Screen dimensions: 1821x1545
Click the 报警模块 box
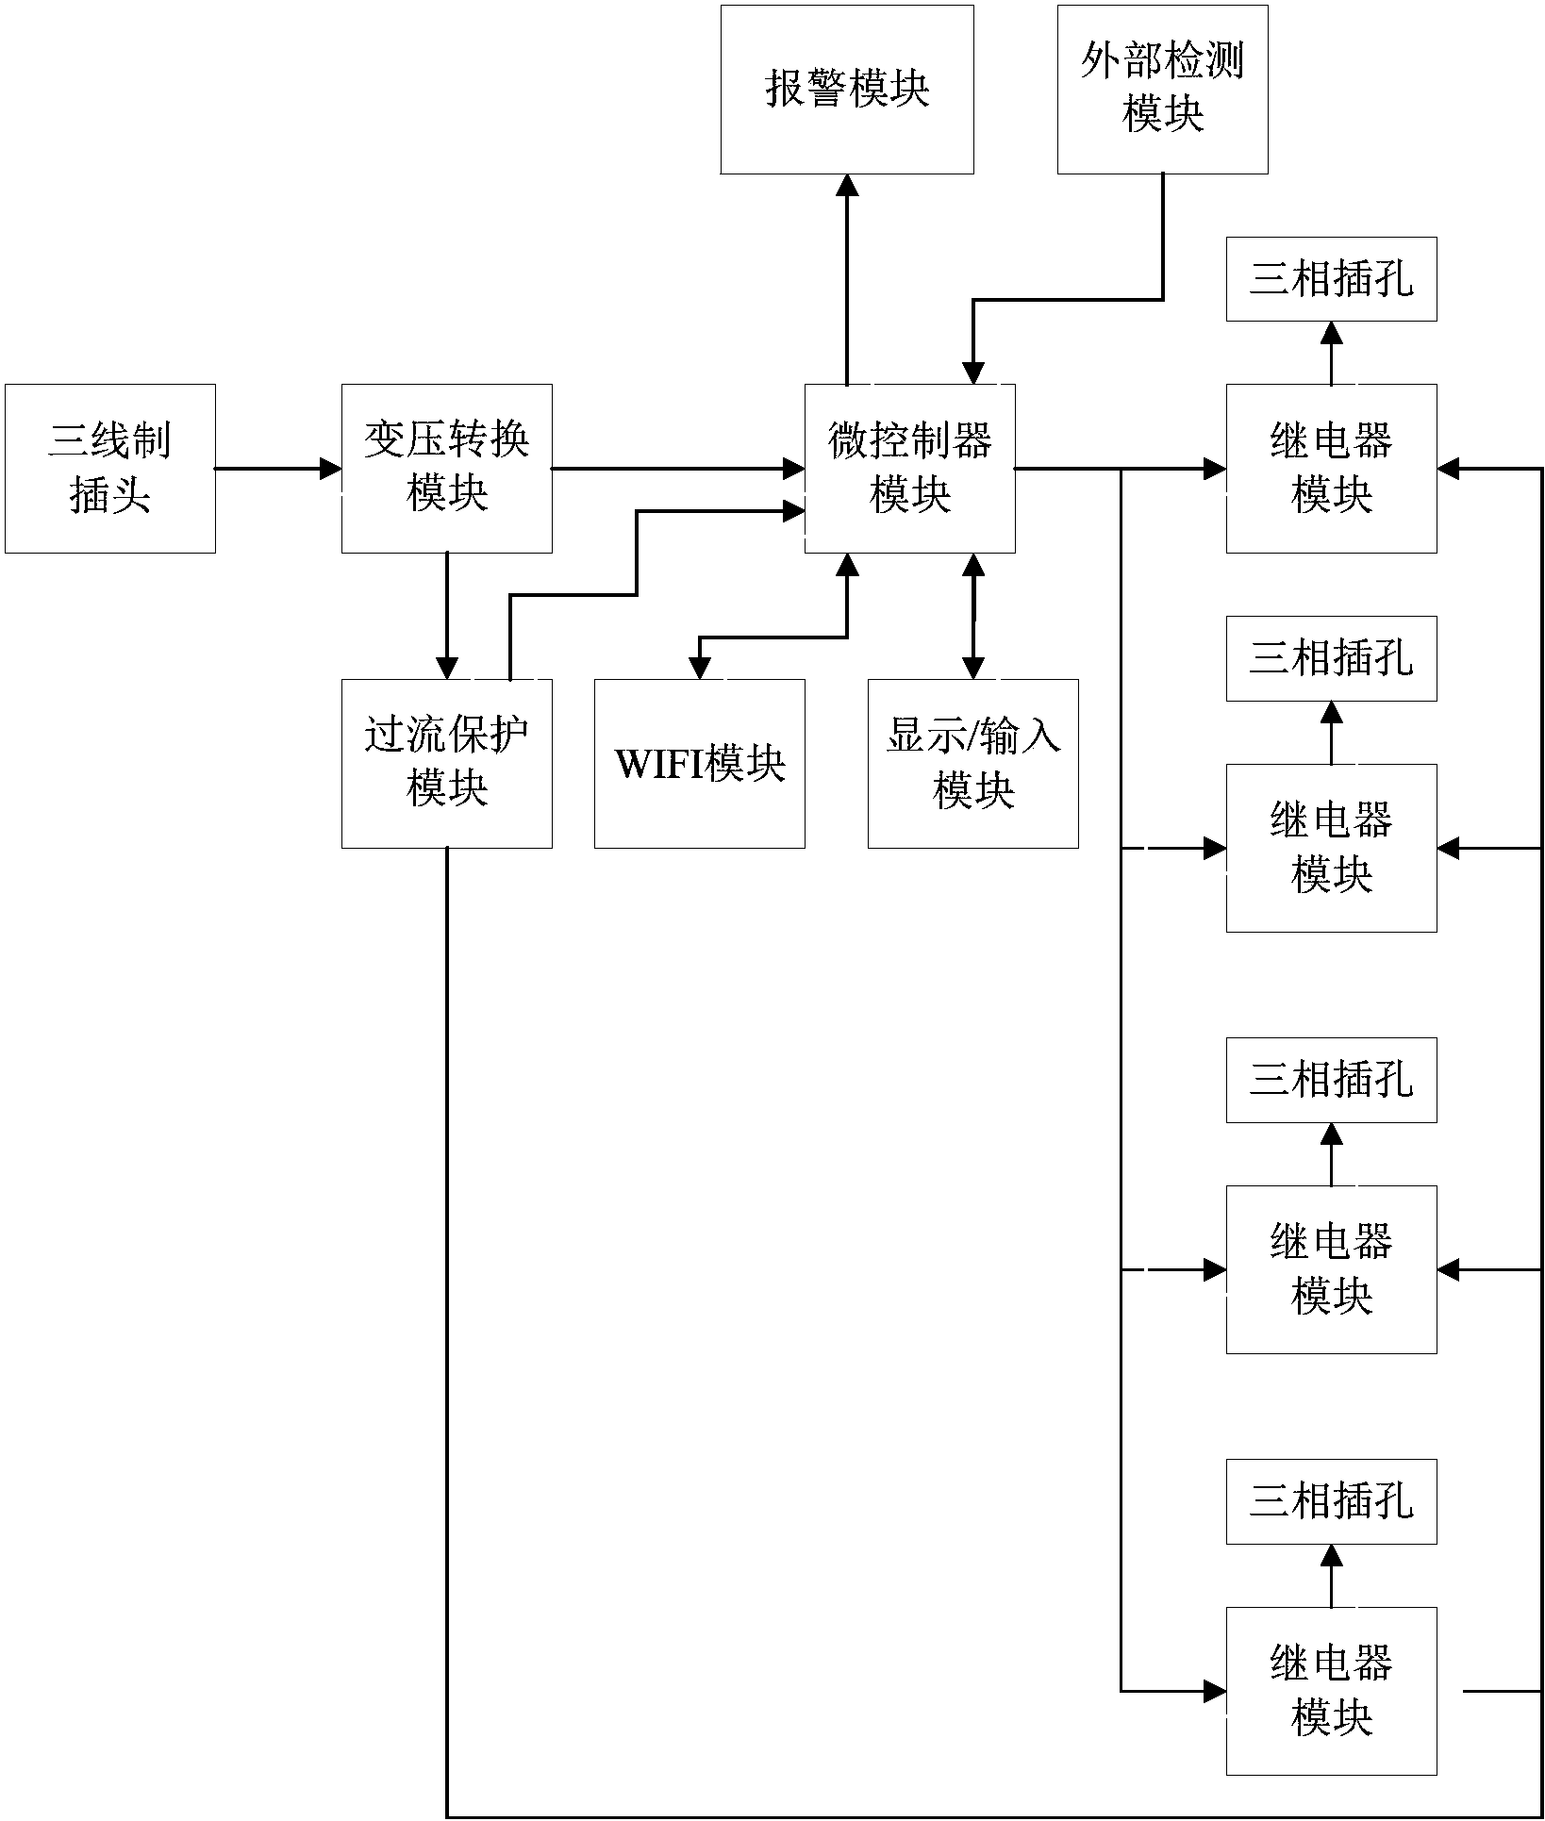tap(847, 90)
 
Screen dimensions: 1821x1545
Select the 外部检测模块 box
tap(1162, 90)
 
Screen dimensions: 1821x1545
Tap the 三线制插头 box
tap(110, 468)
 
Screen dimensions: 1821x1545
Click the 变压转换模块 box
tap(446, 468)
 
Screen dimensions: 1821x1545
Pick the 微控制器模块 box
tap(909, 468)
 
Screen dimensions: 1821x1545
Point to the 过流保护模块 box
tap(446, 763)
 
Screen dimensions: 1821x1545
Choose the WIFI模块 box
tap(699, 763)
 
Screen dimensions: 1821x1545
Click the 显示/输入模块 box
tap(972, 763)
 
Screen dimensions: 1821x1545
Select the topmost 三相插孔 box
tap(1331, 279)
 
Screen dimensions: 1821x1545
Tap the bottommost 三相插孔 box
tap(1331, 1501)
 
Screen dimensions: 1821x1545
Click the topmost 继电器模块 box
tap(1331, 468)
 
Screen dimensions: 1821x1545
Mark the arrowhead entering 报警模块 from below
tap(847, 185)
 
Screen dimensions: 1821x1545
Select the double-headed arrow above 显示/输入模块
tap(972, 616)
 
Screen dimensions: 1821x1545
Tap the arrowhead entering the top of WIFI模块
tap(699, 668)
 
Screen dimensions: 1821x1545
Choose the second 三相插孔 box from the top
tap(1331, 658)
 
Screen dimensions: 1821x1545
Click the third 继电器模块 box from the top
tap(1331, 1269)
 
